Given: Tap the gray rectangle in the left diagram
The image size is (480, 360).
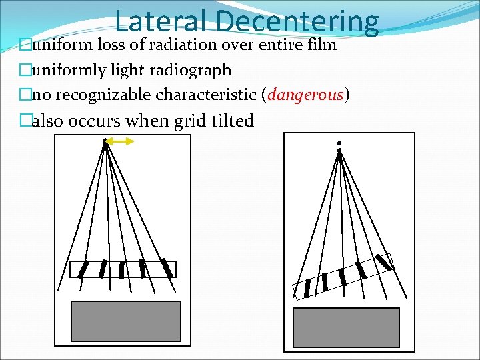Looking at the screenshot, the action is (x=126, y=321).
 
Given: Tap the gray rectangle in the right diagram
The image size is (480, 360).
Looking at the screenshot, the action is (x=347, y=327).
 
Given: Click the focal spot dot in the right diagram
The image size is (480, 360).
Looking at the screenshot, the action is (x=339, y=143).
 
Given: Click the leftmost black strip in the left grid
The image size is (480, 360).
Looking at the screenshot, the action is (x=83, y=269).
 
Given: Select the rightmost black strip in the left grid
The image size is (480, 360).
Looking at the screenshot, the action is (x=167, y=268).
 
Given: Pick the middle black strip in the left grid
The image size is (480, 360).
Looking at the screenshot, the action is (x=121, y=269).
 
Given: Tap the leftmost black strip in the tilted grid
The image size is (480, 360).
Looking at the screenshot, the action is (x=307, y=288).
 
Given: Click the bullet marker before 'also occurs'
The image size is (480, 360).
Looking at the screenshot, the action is (x=26, y=121).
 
